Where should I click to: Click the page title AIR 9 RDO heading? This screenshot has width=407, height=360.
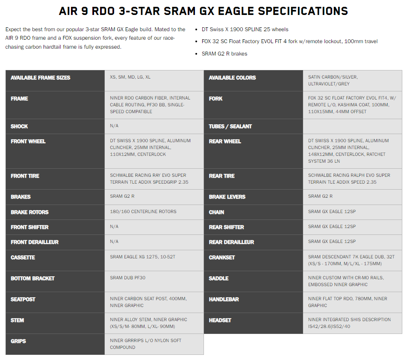click(x=203, y=11)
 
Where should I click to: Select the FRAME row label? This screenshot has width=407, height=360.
click(x=20, y=99)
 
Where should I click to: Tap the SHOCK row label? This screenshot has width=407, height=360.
click(x=19, y=126)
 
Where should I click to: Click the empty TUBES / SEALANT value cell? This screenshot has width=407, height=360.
click(x=352, y=126)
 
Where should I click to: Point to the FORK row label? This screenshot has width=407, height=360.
click(x=215, y=99)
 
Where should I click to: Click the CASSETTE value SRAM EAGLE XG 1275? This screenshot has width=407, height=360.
click(x=142, y=257)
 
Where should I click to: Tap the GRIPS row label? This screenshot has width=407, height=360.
click(x=18, y=341)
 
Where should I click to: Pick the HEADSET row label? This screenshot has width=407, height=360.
click(x=220, y=320)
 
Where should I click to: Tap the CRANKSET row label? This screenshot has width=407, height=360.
click(x=221, y=257)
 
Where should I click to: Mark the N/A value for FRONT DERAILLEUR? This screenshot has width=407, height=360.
click(x=114, y=241)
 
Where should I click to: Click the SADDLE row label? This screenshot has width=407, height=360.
click(x=218, y=278)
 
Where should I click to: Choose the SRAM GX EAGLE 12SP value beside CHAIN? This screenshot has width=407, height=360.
click(x=332, y=211)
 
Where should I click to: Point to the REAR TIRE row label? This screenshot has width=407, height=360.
click(x=221, y=176)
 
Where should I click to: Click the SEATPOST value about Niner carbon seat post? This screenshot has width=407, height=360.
click(x=148, y=302)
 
